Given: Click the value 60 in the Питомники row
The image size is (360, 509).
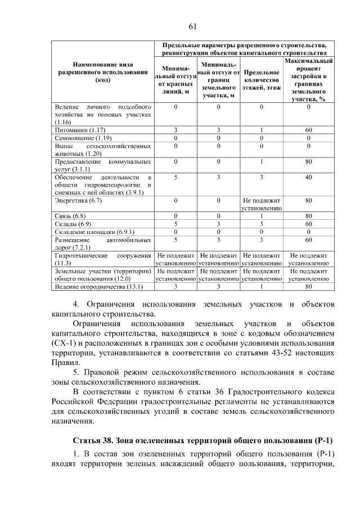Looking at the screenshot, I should [308, 130].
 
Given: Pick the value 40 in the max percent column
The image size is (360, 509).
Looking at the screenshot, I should [308, 177].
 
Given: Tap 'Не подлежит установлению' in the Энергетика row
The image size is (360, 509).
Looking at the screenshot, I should [262, 204].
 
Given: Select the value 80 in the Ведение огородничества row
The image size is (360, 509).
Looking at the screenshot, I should [308, 286].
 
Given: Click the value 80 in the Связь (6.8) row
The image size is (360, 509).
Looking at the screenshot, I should [308, 215].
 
